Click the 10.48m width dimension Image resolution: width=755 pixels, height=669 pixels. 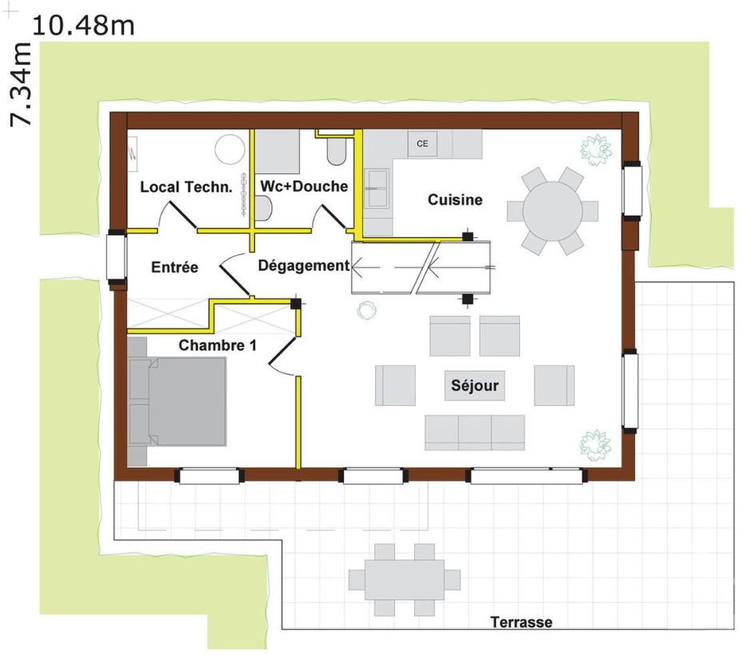[82, 25]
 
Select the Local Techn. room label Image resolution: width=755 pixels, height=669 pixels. [186, 187]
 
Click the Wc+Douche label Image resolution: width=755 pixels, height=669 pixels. [305, 186]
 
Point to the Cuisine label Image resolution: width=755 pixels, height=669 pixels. [455, 199]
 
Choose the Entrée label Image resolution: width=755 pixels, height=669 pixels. [174, 267]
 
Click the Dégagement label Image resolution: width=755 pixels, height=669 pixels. [304, 266]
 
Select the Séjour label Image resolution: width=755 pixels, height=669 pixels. [474, 386]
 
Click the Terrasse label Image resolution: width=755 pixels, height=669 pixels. [521, 622]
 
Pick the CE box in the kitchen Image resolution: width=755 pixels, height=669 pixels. [422, 144]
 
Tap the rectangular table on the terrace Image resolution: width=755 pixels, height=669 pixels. [405, 579]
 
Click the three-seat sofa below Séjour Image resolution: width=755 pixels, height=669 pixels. [474, 432]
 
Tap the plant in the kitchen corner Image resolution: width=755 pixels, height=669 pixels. [596, 149]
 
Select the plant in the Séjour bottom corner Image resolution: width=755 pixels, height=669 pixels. [596, 444]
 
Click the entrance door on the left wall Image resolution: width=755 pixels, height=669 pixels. [117, 258]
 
